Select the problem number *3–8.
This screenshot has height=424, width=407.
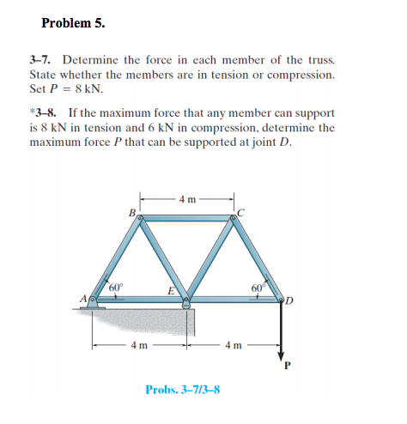[x=44, y=113]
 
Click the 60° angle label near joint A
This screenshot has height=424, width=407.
[x=118, y=286]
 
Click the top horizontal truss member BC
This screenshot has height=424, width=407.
[x=187, y=220]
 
